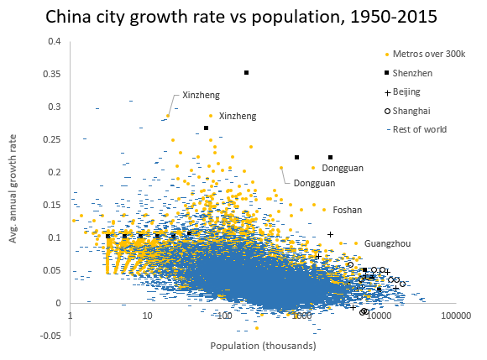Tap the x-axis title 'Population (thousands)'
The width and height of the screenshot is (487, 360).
tap(263, 345)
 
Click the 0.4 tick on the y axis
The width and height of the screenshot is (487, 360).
tap(54, 41)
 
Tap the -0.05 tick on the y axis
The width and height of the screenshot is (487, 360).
tap(50, 336)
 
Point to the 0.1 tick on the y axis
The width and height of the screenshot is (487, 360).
tap(54, 237)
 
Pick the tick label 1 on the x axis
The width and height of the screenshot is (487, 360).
tap(71, 316)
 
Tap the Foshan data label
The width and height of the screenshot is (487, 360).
tap(348, 209)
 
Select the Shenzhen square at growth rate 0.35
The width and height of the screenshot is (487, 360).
tap(246, 73)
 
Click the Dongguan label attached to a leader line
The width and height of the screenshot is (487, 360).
tap(314, 183)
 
